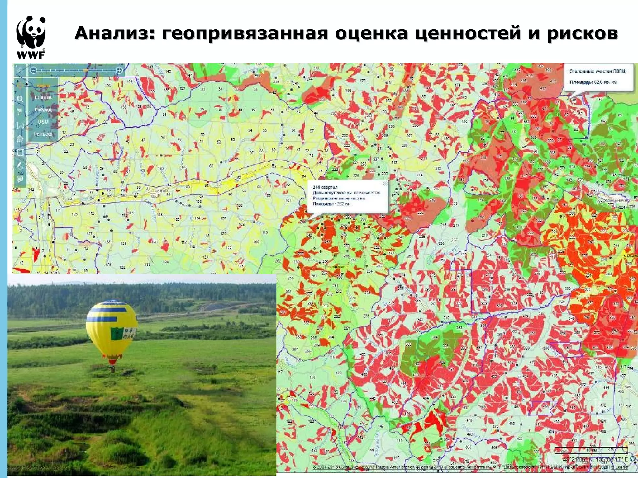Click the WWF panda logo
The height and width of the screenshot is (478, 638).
click(x=31, y=37)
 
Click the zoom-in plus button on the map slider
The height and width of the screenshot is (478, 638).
click(x=119, y=71)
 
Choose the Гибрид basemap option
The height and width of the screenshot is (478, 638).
click(x=43, y=110)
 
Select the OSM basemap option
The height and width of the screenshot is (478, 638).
click(x=43, y=122)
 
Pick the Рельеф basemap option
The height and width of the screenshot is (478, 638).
click(x=43, y=134)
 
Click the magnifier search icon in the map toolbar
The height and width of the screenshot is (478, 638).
click(x=20, y=99)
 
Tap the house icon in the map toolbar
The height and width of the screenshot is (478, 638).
click(x=20, y=138)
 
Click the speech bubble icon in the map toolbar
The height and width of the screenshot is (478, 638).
click(x=20, y=179)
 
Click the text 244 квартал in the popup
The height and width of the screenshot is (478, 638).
click(x=325, y=187)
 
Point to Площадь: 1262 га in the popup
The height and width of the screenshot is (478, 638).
click(x=331, y=204)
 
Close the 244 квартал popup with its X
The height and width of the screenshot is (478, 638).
click(x=385, y=184)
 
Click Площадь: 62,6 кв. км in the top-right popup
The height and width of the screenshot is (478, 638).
click(x=593, y=82)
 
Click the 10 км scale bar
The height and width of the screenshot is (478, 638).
click(x=591, y=450)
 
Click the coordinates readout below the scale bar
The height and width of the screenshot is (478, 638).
click(x=595, y=459)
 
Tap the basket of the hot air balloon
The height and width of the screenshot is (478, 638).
click(x=112, y=369)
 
